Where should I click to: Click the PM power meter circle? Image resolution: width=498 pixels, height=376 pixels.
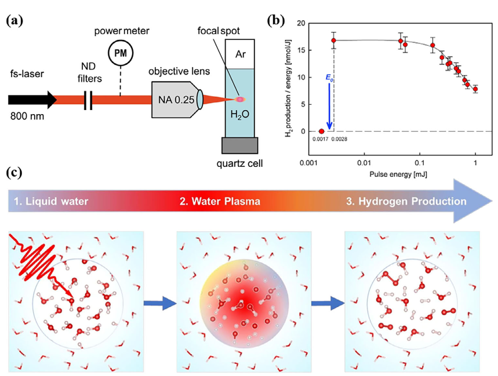tap(121, 53)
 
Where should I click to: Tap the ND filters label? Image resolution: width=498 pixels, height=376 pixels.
tap(89, 72)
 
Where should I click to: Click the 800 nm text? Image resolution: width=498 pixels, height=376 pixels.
tap(27, 116)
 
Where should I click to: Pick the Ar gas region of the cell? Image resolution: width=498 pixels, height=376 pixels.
tap(240, 54)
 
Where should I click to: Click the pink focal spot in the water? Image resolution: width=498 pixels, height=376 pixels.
tap(240, 100)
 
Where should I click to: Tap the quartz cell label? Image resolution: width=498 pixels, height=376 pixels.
tap(239, 164)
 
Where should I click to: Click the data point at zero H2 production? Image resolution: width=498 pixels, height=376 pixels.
tap(321, 131)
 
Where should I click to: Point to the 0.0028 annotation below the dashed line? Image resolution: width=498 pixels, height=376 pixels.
tap(339, 139)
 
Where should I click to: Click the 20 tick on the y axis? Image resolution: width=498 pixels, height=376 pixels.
tap(301, 23)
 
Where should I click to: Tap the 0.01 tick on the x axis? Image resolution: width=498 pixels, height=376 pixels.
tap(364, 163)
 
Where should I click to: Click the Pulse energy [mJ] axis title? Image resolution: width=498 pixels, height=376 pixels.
tap(398, 174)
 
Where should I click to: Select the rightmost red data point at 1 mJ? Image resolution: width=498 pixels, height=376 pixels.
tap(475, 89)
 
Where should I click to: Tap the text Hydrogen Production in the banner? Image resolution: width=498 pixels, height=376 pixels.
tap(413, 201)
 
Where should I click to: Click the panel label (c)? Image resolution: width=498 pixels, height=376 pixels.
tap(14, 173)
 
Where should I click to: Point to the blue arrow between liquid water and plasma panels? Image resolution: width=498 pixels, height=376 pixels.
tap(160, 304)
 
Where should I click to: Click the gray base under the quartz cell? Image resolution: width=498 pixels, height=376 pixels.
tap(240, 145)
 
